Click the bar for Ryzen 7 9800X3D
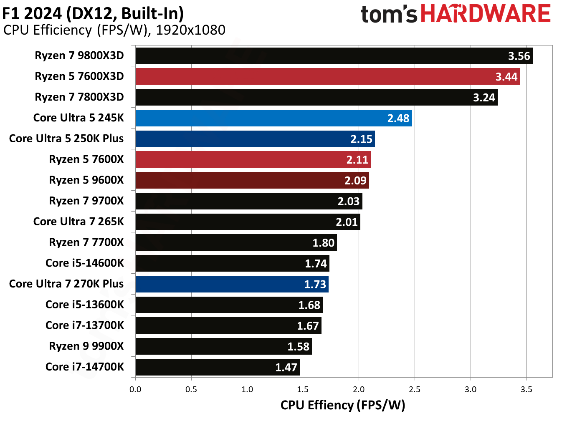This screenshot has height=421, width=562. pos(334,56)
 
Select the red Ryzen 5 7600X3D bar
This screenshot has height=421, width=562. pos(327,77)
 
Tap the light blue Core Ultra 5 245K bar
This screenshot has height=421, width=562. pos(273,118)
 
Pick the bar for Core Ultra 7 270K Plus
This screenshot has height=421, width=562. pos(232,284)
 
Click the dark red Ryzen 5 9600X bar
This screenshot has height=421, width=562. pos(252,180)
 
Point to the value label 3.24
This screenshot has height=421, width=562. pos(484,98)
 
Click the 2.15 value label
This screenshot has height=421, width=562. pos(361,139)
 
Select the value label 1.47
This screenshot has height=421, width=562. pos(286,367)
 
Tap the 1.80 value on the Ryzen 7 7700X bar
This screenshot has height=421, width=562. pos(323,243)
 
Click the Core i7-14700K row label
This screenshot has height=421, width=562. pos(85,367)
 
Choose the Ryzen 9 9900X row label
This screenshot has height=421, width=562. pos(86,346)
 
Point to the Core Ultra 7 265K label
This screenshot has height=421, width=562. pos(78,222)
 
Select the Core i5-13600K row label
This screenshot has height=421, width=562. pos(85,305)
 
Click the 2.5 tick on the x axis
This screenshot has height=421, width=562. pos(415,389)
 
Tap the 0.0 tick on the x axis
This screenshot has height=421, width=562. pos(135,389)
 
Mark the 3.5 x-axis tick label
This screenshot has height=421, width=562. pos(526,389)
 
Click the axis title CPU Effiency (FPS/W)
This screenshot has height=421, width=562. pos(342,405)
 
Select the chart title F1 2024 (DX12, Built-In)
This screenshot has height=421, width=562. pos(93,13)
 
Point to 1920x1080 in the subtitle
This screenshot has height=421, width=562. pos(190,30)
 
